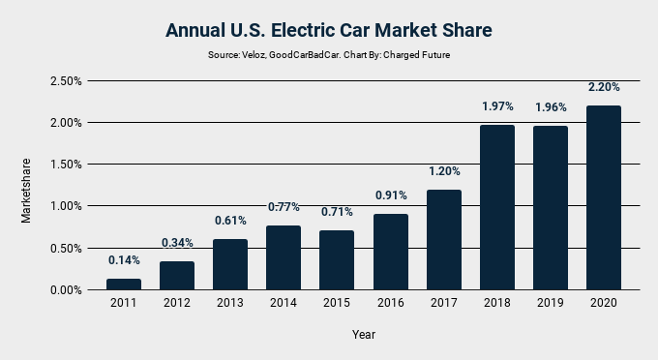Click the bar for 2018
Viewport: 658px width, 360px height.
coord(496,207)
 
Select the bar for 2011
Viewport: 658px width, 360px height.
coord(123,284)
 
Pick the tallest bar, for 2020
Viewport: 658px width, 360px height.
coord(604,197)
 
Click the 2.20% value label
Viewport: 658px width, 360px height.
coord(604,87)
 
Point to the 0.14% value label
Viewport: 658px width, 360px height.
coord(123,259)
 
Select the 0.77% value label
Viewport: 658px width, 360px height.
coord(284,206)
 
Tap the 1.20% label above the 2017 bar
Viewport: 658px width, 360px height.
coord(444,170)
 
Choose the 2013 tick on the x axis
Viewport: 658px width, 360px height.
coord(230,303)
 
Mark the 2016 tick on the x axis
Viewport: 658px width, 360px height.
coord(390,303)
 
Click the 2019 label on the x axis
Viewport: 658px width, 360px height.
coord(551,303)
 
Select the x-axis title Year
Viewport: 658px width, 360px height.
coord(364,335)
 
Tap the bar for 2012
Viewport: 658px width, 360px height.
coord(177,276)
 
